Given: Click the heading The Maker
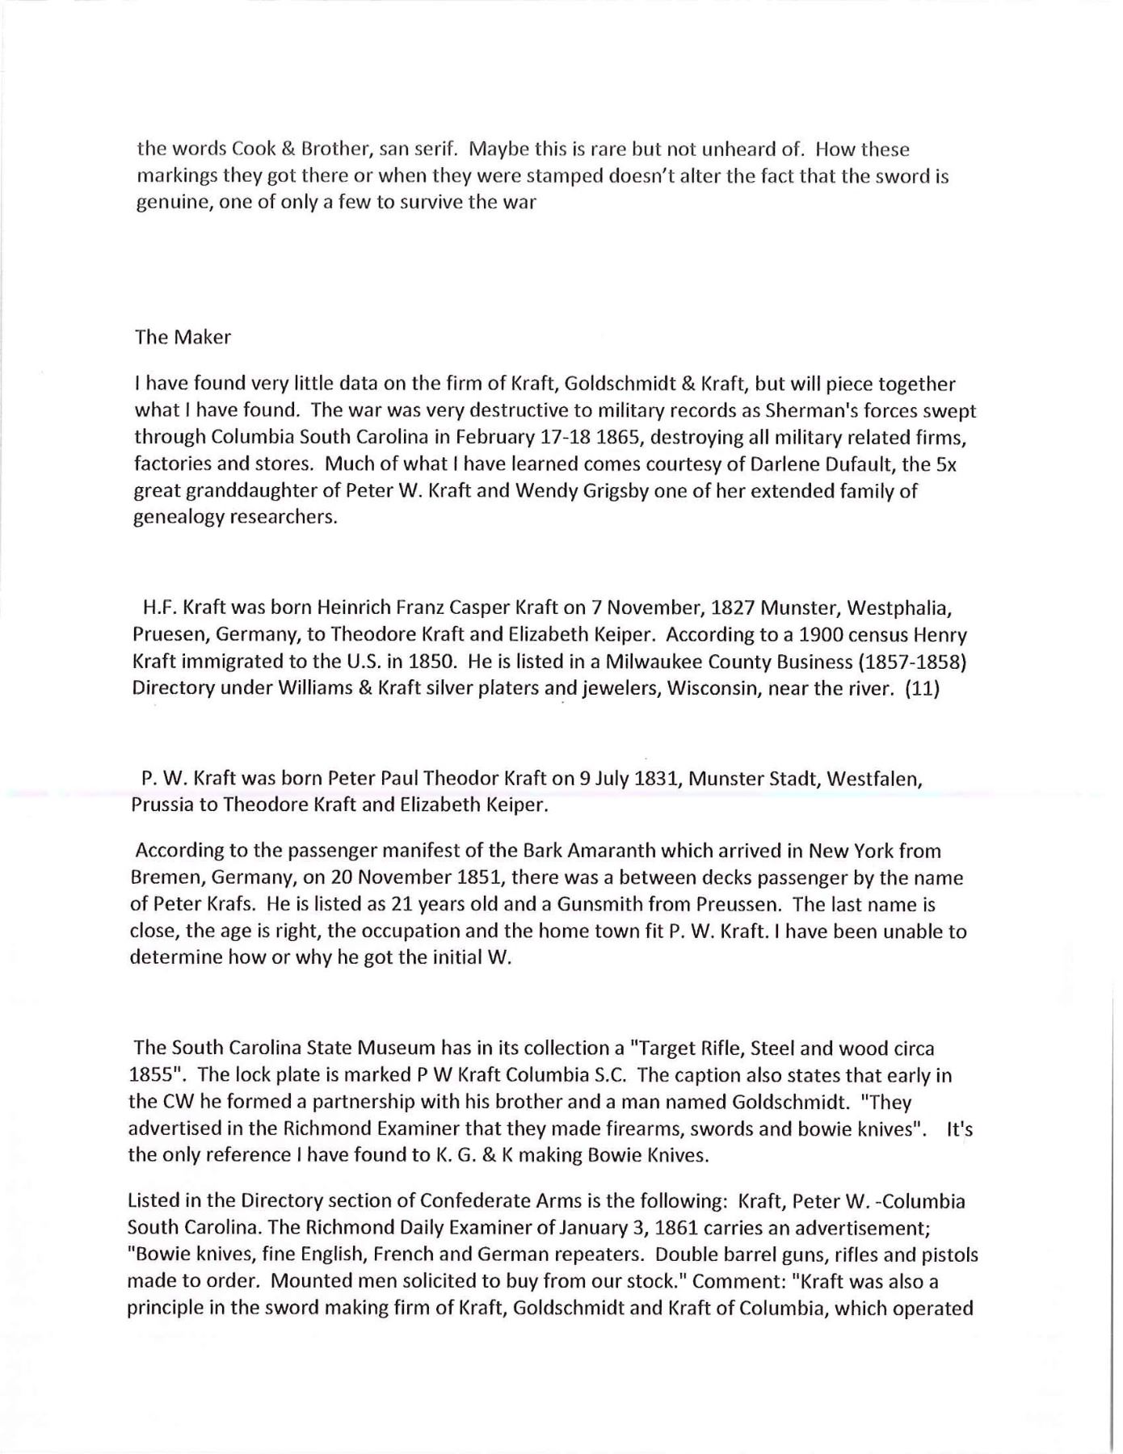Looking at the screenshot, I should coord(183,338).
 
